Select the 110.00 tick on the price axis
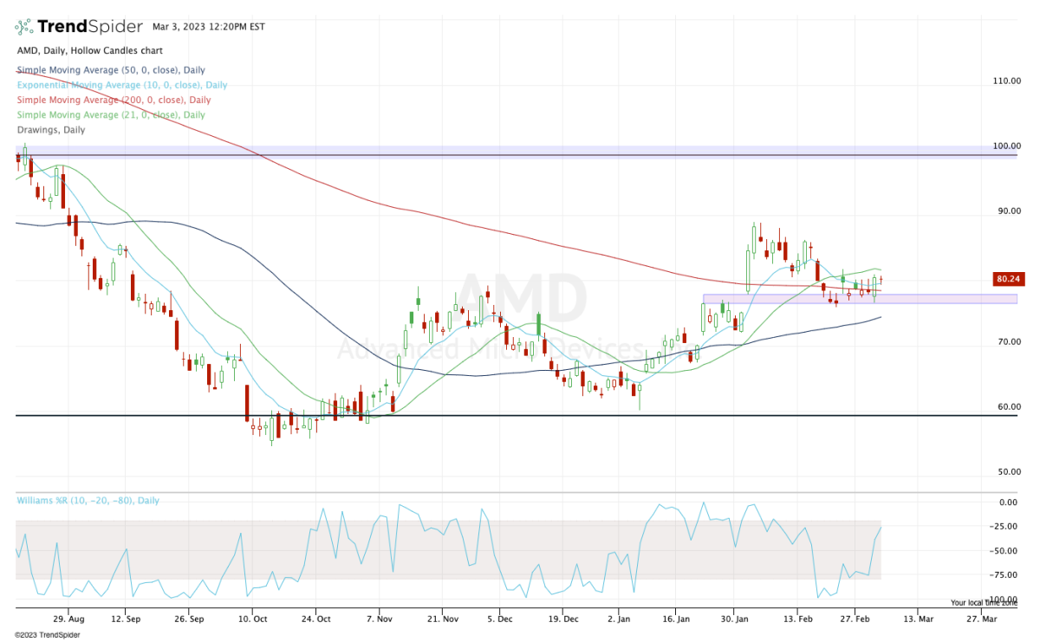[x=1007, y=81]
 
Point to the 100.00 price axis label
[x=1007, y=146]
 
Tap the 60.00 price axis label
[x=1007, y=406]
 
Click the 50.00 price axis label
[x=1007, y=471]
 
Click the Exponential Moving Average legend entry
[x=121, y=85]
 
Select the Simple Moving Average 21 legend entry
[x=110, y=114]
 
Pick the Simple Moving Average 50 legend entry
[x=110, y=70]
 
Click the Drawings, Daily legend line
[x=50, y=129]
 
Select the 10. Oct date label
[x=252, y=619]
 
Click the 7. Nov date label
[x=380, y=619]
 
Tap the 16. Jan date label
[x=676, y=619]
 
